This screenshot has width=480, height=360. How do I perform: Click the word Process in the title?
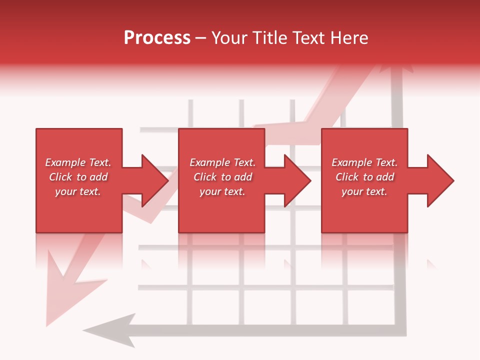pos(157,38)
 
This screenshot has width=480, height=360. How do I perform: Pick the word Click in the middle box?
pos(204,177)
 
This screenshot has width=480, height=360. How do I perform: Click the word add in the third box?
pos(385,177)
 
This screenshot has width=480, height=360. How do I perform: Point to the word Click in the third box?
pos(346,177)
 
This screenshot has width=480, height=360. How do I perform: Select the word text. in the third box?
pos(376,191)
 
